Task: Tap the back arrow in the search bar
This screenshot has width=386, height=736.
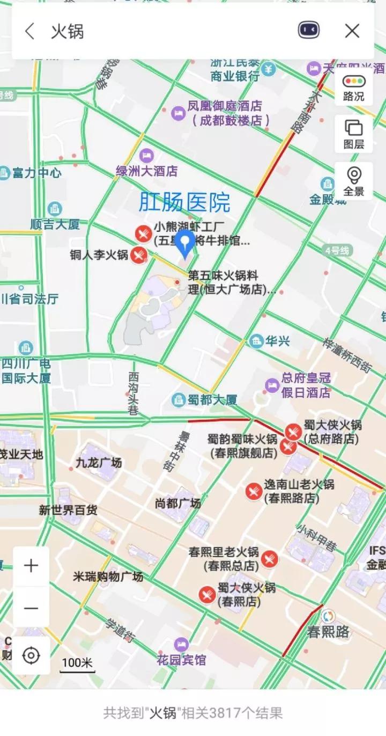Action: point(29,31)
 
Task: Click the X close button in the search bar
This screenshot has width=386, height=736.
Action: point(352,31)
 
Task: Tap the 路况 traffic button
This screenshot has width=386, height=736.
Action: point(354,88)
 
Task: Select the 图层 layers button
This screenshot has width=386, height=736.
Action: point(354,134)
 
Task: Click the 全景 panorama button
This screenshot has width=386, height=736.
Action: point(354,181)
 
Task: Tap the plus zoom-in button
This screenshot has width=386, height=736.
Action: point(31,566)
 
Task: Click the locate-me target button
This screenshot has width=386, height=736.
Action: point(31,655)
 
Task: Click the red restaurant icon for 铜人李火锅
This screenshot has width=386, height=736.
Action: point(139,254)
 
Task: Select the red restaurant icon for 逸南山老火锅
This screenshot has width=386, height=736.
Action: point(254,491)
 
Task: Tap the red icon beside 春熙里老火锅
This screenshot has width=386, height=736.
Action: point(270,559)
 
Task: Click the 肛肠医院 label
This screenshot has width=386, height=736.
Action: point(184,202)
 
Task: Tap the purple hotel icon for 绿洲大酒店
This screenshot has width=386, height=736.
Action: point(146,156)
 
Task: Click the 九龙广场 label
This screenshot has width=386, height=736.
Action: point(99,462)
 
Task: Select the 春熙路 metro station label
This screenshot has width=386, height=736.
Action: point(328,631)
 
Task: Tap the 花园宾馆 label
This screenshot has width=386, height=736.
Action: point(181,659)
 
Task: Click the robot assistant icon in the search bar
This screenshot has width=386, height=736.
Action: point(309,31)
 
